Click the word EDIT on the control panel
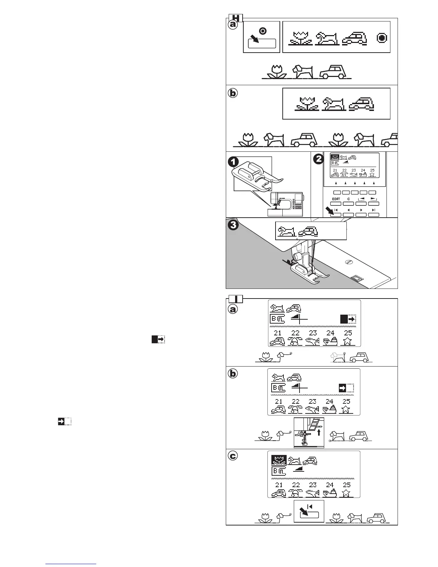[x=336, y=199]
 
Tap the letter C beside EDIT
[x=349, y=199]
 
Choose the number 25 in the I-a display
[x=347, y=333]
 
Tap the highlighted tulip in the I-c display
[x=278, y=460]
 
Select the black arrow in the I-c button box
[x=305, y=510]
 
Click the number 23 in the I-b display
[x=312, y=402]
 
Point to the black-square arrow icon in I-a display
[x=347, y=320]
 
